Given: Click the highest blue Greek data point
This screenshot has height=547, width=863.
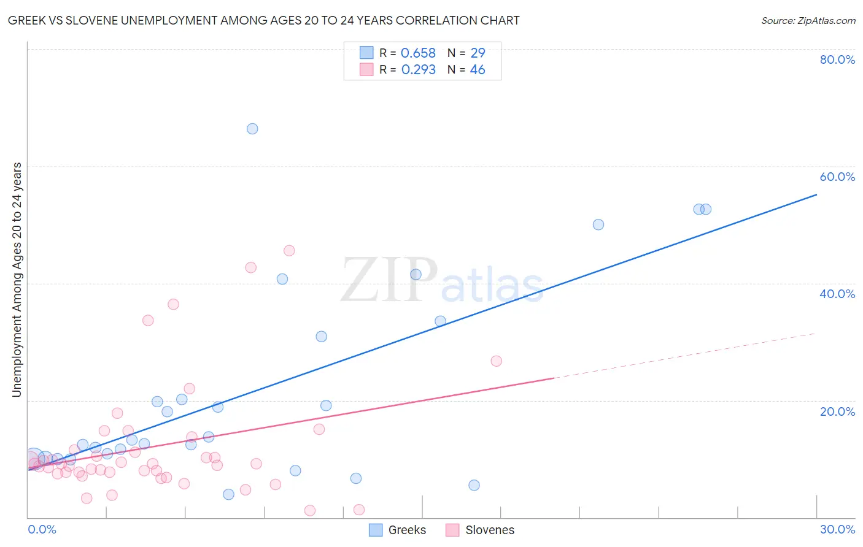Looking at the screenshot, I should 252,129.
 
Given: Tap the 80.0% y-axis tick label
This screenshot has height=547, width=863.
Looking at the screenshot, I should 837,59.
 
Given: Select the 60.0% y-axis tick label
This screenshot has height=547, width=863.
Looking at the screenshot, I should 837,177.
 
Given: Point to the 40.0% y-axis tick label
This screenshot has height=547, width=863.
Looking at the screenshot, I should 837,294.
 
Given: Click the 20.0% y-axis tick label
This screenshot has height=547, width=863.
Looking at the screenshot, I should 837,411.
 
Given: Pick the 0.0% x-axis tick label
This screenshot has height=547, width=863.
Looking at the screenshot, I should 42,529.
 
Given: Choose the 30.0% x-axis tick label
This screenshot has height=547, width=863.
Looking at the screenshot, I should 837,529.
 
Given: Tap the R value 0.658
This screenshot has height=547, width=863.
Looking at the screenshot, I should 418,53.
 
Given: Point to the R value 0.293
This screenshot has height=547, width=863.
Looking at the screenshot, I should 418,70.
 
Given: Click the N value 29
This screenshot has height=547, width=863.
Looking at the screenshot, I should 478,53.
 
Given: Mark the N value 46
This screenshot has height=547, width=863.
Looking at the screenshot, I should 478,70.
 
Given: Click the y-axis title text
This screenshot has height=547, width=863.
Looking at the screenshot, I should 17,279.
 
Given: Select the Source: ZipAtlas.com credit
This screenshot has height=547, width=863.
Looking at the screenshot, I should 808,21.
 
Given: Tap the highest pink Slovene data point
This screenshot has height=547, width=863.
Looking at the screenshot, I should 289,251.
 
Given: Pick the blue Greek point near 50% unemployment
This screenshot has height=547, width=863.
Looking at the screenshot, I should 598,224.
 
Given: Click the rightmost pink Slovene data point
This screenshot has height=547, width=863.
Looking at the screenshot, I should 497,361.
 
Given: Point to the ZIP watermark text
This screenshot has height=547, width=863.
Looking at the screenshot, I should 389,281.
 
